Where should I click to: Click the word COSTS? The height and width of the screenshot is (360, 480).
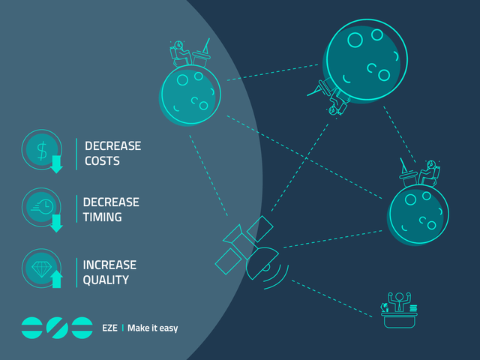point(102,161)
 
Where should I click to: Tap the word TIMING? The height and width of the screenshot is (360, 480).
point(102,217)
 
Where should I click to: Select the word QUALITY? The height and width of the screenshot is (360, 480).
point(106,280)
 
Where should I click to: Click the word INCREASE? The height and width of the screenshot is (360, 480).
point(109,265)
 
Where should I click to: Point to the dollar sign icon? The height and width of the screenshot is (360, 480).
point(42,151)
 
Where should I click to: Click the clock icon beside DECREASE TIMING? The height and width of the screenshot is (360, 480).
point(43,207)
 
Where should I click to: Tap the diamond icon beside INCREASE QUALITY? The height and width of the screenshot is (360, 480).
point(42,269)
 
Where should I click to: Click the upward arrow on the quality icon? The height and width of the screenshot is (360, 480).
point(57,279)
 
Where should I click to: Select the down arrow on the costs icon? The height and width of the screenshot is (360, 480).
point(57,164)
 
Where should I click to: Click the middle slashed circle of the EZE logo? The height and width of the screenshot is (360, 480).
point(57,328)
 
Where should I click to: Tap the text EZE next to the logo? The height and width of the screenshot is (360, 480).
point(109,328)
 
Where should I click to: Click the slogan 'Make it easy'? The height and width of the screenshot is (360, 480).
point(153,328)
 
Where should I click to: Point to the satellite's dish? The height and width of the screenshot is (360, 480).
point(263,263)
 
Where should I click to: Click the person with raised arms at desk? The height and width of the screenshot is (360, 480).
point(399,301)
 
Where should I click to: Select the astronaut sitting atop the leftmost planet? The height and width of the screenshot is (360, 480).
point(180,54)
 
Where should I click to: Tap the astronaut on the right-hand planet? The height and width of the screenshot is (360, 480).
point(430,172)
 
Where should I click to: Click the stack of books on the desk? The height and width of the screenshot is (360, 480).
point(413,308)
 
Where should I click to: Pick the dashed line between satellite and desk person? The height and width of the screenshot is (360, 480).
point(331,298)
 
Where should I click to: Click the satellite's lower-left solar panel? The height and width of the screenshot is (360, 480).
point(229,261)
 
